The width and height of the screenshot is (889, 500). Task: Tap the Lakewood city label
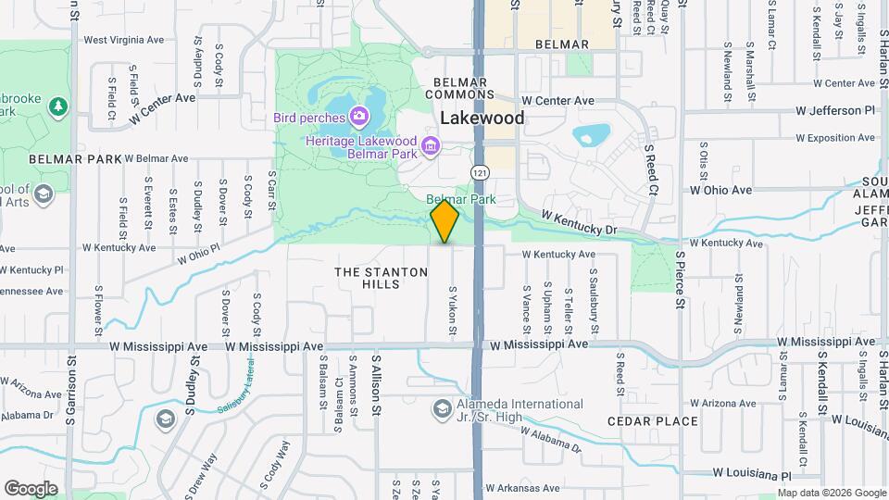(x=482, y=119)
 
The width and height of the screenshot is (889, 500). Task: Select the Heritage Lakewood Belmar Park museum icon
(x=430, y=145)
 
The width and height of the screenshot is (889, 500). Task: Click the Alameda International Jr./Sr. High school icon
(x=442, y=408)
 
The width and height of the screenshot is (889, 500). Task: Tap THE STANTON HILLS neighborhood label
(x=381, y=279)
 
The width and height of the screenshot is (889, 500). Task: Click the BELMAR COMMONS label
(x=460, y=88)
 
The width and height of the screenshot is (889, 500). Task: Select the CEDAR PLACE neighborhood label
(x=652, y=421)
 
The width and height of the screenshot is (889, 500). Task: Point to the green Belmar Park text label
(x=461, y=199)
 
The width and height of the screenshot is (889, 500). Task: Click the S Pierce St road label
(x=680, y=277)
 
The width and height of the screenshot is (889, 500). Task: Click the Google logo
(x=31, y=488)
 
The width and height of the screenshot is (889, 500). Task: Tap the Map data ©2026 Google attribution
(x=832, y=493)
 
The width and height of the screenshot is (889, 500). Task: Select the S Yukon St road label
(x=454, y=312)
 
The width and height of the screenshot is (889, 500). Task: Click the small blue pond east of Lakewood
(x=589, y=137)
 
